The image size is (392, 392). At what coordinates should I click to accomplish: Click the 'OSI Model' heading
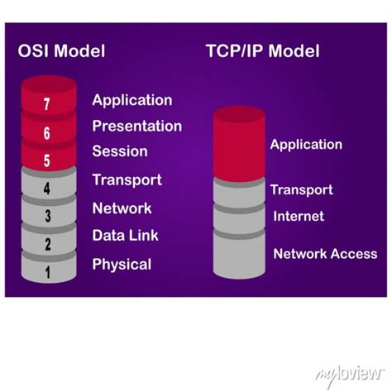62,51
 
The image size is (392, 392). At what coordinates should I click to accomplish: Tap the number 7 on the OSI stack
46,105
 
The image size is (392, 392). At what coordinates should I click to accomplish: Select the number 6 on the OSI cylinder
46,133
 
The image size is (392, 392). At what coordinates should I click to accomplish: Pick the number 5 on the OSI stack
46,160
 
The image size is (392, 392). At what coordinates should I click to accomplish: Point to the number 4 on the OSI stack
46,189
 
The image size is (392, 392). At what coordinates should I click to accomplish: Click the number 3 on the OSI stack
47,217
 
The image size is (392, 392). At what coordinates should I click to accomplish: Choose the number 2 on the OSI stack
47,244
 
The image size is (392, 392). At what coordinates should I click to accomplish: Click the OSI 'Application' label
132,100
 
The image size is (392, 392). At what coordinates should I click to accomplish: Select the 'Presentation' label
136,126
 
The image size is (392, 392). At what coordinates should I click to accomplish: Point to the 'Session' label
120,151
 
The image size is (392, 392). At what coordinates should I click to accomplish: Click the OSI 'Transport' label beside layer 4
127,179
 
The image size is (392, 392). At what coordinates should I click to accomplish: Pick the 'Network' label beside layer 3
122,208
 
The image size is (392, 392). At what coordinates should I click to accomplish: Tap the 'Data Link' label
125,236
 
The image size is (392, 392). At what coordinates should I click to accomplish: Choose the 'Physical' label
122,265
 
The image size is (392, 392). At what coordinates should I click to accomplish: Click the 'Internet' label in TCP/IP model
299,217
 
